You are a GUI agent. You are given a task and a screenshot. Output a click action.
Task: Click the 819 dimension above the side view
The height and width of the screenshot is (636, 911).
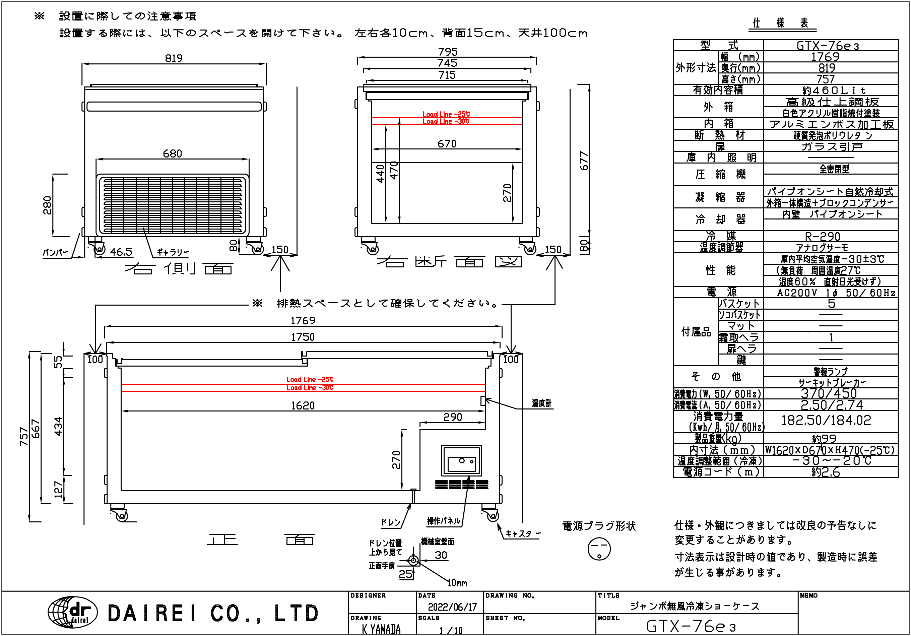click(x=174, y=58)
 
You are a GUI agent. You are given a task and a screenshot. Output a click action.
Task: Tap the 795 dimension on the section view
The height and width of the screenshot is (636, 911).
click(x=448, y=52)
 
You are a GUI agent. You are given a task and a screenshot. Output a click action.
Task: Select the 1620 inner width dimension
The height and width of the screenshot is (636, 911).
click(x=303, y=405)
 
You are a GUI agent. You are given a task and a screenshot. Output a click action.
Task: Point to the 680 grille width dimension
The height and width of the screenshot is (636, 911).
click(x=172, y=153)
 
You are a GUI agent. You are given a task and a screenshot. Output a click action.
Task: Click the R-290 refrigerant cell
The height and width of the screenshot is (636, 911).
click(x=823, y=237)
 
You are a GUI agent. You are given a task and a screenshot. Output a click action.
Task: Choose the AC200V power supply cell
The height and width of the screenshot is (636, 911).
click(x=836, y=293)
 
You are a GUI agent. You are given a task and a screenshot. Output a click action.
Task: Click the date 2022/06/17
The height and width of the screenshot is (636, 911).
click(x=452, y=607)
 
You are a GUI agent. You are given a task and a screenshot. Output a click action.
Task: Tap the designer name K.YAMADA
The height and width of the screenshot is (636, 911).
click(x=381, y=629)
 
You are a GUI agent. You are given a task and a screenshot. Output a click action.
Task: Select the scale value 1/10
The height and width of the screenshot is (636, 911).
click(x=451, y=630)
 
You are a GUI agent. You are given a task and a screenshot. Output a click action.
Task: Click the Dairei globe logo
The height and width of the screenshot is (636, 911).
click(x=73, y=613)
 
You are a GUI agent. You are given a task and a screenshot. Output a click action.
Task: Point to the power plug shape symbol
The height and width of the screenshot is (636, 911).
click(x=599, y=549)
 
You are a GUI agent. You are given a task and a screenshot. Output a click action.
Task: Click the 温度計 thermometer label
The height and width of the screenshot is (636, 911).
click(x=541, y=403)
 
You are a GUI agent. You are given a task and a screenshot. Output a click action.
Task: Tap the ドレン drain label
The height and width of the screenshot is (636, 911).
click(x=391, y=522)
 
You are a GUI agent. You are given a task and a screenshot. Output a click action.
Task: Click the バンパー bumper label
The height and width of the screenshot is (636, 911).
click(x=56, y=252)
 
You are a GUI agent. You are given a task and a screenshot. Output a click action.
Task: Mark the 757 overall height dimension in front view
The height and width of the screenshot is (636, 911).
click(x=23, y=436)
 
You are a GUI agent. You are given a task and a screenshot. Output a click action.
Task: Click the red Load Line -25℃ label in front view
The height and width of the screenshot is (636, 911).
click(x=310, y=379)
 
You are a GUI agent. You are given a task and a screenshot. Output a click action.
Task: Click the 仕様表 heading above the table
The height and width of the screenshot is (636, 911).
click(x=780, y=23)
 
